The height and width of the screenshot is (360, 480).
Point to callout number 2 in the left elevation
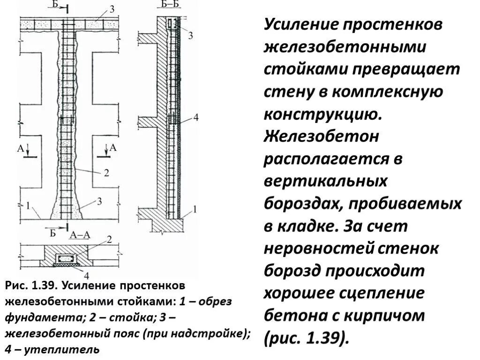[106, 172]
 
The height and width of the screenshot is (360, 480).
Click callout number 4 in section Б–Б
[195, 118]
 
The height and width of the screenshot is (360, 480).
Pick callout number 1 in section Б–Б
[195, 208]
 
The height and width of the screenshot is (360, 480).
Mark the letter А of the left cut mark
[21, 149]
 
